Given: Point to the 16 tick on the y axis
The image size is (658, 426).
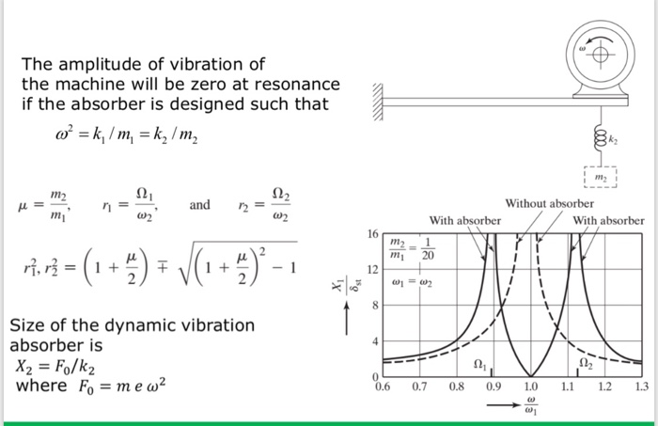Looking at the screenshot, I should [371, 232].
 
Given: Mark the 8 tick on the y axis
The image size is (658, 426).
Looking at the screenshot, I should [373, 305].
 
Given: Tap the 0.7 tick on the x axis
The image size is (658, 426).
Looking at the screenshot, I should [419, 386].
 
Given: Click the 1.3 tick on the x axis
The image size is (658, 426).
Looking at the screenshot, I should [641, 386].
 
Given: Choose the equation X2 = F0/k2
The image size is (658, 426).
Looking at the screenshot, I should [53, 367].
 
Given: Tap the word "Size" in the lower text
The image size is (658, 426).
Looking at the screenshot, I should [27, 325].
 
